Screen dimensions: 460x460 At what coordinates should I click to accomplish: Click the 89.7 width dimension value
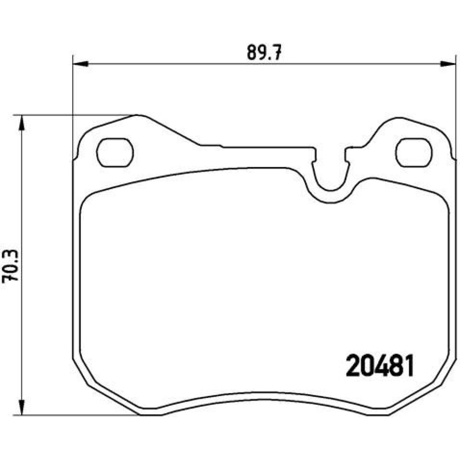pos(264,53)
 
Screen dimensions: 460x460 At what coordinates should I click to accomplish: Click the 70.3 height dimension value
pos(10,266)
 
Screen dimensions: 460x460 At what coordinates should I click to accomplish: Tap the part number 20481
pos(380,365)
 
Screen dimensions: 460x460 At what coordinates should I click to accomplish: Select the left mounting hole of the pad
pos(115,152)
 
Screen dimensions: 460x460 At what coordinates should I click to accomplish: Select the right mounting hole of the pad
pos(414,152)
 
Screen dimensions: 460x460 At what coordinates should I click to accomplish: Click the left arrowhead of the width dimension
pos(80,63)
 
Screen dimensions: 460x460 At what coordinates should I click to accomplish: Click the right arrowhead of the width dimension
pos(448,63)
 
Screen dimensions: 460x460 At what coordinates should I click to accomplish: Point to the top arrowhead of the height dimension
pos(21,123)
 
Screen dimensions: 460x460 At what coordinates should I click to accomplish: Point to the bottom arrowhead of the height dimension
pos(21,407)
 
